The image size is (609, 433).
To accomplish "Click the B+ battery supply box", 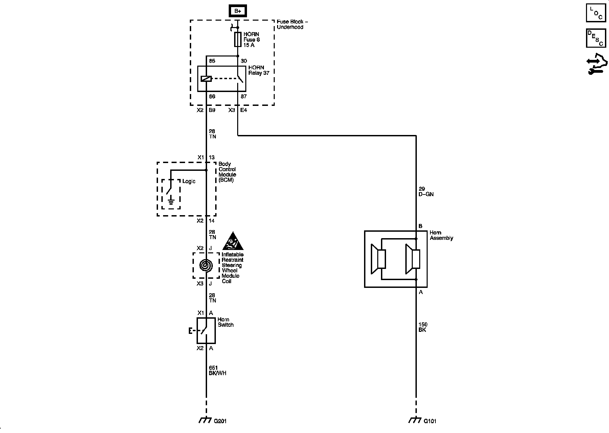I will pyautogui.click(x=238, y=11).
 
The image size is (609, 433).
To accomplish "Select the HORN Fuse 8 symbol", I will pyautogui.click(x=238, y=40).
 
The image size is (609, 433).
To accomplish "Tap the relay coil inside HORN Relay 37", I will pyautogui.click(x=206, y=79).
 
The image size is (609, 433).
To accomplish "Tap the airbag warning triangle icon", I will pyautogui.click(x=233, y=241).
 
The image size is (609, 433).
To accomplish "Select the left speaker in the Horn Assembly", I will pyautogui.click(x=378, y=259).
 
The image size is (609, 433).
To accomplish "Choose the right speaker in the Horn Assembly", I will pyautogui.click(x=413, y=259).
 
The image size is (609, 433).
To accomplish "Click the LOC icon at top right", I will pyautogui.click(x=596, y=13).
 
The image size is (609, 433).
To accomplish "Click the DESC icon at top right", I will pyautogui.click(x=596, y=38).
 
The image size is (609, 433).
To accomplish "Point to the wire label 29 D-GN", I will pyautogui.click(x=426, y=191).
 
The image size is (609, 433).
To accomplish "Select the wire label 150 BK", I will pyautogui.click(x=423, y=327).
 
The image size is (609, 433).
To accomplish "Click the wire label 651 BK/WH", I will pyautogui.click(x=217, y=370).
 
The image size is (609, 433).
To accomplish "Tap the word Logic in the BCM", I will pyautogui.click(x=189, y=181).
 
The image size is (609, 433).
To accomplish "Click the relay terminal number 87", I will pyautogui.click(x=244, y=96).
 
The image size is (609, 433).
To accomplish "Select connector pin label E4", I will pyautogui.click(x=244, y=110).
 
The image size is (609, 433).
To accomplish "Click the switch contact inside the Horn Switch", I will pyautogui.click(x=204, y=330).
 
